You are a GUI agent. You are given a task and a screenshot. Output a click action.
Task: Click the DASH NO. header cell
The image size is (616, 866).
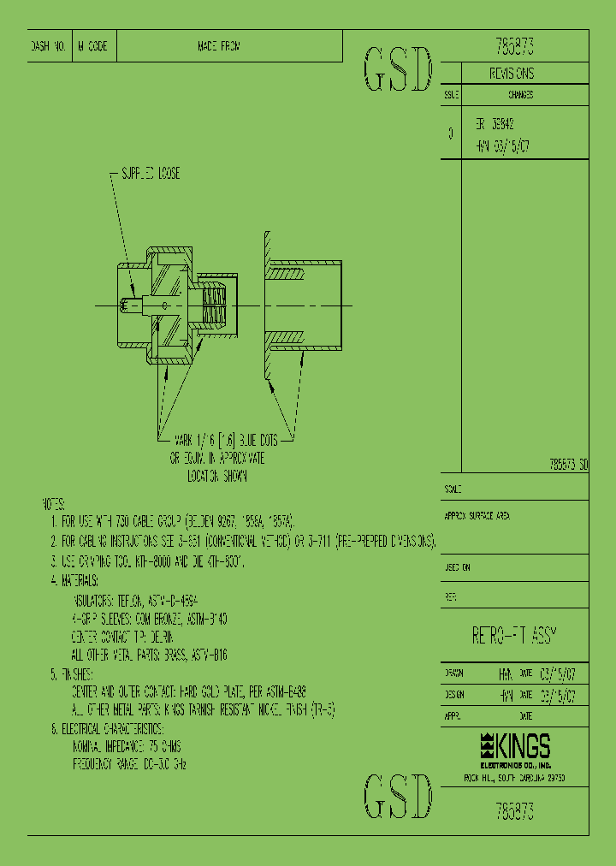click(49, 47)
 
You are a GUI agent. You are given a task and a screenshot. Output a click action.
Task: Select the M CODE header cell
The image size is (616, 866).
click(92, 47)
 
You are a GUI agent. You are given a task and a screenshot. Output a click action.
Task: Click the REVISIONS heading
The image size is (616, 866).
click(512, 74)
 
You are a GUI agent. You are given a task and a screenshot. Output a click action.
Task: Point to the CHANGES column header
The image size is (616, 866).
click(521, 96)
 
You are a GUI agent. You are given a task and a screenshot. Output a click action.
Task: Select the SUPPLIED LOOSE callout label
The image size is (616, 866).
click(151, 174)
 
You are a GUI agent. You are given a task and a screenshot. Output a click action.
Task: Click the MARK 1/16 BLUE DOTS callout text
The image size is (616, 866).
click(226, 440)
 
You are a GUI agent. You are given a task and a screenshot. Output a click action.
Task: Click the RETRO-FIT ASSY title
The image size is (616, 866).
click(515, 635)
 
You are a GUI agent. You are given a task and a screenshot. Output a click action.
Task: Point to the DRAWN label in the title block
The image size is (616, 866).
click(454, 673)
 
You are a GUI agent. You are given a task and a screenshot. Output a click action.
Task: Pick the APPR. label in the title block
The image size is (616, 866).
click(453, 715)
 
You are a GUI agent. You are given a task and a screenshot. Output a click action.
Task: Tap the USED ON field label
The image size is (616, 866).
click(457, 567)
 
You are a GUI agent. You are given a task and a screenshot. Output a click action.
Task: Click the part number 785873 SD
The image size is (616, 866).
click(567, 465)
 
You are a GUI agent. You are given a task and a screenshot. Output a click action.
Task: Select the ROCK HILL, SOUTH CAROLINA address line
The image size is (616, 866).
click(513, 777)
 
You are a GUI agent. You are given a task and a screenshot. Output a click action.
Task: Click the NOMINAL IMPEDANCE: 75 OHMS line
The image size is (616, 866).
click(127, 745)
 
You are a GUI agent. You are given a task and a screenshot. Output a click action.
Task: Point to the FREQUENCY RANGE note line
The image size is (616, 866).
click(129, 762)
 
